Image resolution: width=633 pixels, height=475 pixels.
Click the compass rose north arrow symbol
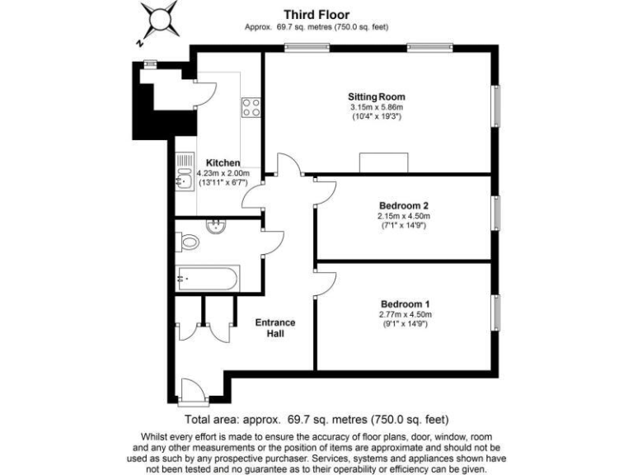click(x=158, y=18)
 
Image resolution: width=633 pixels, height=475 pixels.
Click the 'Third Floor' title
click(x=316, y=14)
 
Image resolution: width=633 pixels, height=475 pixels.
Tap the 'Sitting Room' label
click(x=377, y=96)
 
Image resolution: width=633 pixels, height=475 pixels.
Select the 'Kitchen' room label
click(x=223, y=162)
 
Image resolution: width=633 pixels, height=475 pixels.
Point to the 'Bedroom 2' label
click(x=403, y=205)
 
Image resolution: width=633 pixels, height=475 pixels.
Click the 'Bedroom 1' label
click(x=403, y=303)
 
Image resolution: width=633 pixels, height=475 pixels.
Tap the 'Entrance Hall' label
click(x=274, y=327)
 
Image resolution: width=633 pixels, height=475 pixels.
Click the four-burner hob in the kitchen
click(x=251, y=107)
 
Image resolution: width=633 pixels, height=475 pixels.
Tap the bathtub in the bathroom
click(x=208, y=278)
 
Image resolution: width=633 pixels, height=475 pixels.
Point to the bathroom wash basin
click(x=218, y=227)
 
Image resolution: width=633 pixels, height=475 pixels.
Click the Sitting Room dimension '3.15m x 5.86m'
click(x=377, y=107)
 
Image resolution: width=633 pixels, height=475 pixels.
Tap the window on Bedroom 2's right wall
click(x=496, y=213)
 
